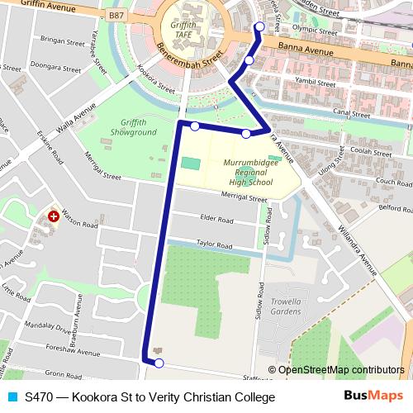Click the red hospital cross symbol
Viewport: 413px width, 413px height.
(54, 216)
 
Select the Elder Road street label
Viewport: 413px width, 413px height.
(217, 219)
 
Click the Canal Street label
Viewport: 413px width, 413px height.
(330, 112)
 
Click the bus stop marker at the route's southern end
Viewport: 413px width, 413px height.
(159, 363)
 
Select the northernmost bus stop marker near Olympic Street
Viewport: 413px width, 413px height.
(259, 26)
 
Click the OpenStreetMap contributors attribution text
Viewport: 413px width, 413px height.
(341, 370)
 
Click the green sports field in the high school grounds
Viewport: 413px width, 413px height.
(191, 164)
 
